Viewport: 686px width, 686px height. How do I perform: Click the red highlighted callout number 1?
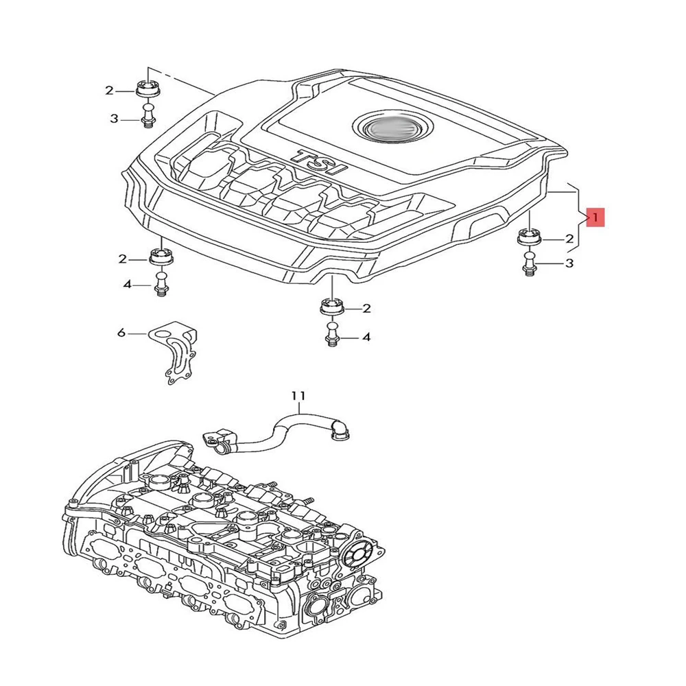click(595, 218)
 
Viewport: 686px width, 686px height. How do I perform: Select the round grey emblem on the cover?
click(388, 128)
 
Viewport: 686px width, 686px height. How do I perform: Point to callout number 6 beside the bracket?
click(121, 333)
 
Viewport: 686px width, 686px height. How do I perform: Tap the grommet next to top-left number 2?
click(147, 90)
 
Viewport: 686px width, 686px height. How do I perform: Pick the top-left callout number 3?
click(114, 119)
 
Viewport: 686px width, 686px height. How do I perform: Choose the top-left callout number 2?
click(109, 90)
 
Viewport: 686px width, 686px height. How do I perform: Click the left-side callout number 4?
click(127, 284)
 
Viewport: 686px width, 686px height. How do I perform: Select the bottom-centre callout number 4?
click(366, 337)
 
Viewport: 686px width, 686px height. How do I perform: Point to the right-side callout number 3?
click(569, 263)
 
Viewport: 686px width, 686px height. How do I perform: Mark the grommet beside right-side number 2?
click(528, 237)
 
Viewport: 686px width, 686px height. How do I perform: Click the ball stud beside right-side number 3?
click(528, 263)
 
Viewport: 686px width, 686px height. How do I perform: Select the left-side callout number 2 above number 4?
click(123, 259)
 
